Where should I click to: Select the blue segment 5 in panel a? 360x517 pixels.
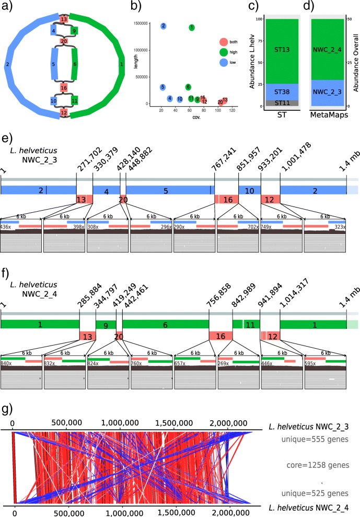[x=54, y=65]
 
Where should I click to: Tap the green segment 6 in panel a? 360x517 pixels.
[x=74, y=65]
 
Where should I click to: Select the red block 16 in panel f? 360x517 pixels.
[x=220, y=334]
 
